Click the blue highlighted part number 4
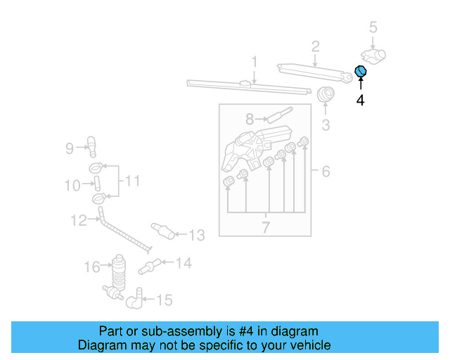point(361,71)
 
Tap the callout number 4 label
point(360,101)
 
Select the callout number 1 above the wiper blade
point(254,61)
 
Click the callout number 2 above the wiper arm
point(316,47)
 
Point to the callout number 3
point(326,126)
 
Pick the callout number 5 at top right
point(373,27)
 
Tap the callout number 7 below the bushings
point(266,227)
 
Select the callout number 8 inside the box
point(250,119)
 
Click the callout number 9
point(70,148)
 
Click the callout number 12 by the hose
point(78,221)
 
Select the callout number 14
point(183,264)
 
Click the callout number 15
point(163,300)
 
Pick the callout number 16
point(92,266)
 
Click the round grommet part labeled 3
point(326,95)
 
